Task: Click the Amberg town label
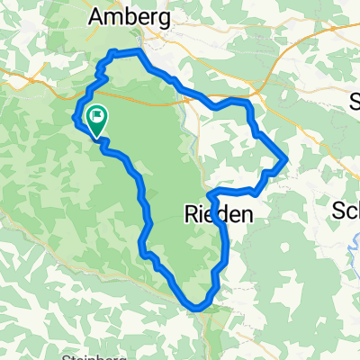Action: click(x=130, y=15)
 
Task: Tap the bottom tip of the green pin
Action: click(x=95, y=138)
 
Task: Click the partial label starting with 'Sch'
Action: click(x=346, y=211)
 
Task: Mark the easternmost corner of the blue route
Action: click(x=286, y=160)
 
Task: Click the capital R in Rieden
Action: click(x=189, y=214)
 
